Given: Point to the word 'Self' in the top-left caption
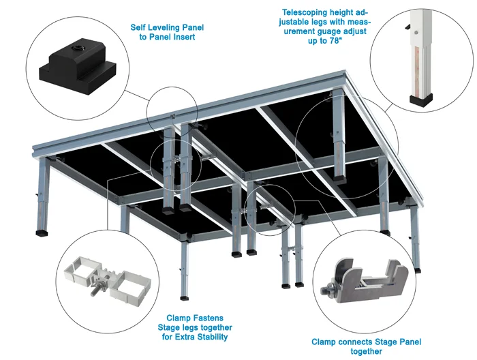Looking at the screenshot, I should pyautogui.click(x=140, y=28).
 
